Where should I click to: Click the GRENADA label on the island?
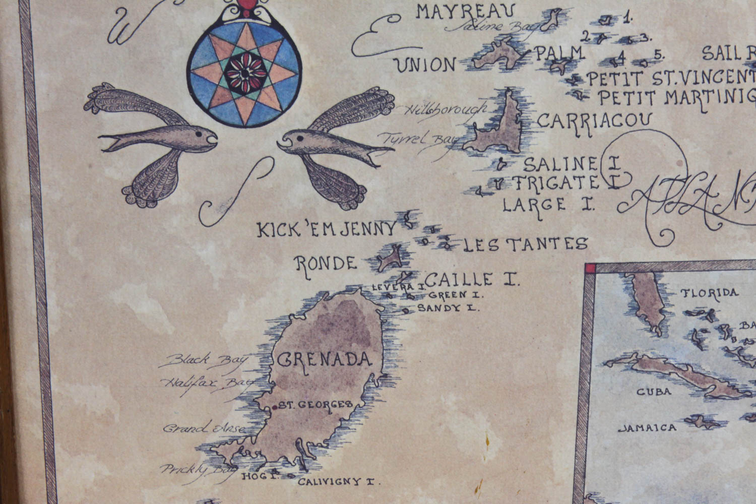(x=325, y=359)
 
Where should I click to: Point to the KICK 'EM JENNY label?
(x=327, y=230)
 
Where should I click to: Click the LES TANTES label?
(x=525, y=244)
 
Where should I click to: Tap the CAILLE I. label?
(x=471, y=279)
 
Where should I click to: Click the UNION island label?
(x=425, y=65)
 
